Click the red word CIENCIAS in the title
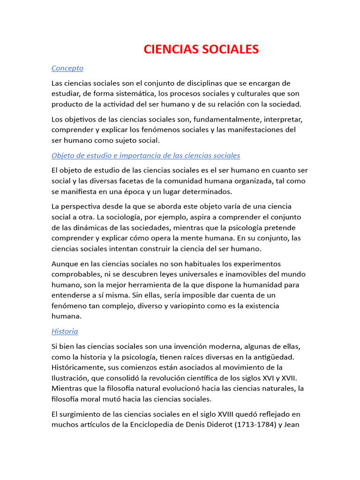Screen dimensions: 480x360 [x=171, y=49]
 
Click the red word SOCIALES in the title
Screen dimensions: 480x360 [x=230, y=49]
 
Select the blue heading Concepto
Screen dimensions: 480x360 [x=67, y=68]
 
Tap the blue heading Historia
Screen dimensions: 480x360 [x=65, y=331]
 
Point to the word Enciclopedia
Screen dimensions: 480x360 [x=158, y=425]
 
